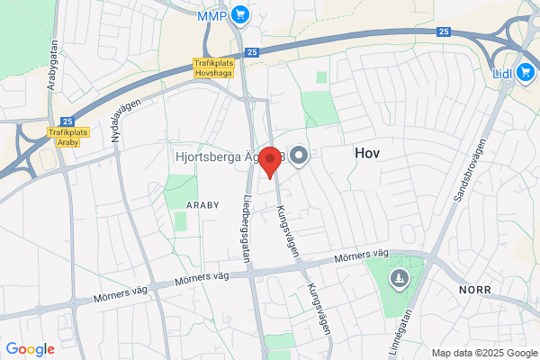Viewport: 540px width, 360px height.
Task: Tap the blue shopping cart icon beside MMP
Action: [239, 14]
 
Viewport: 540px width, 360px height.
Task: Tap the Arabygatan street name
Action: [54, 68]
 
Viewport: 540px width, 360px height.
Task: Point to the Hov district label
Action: [367, 154]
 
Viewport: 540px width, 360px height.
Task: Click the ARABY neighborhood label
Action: [202, 205]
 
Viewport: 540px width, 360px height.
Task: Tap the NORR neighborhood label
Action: [474, 291]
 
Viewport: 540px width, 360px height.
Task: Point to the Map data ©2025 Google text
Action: [482, 352]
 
